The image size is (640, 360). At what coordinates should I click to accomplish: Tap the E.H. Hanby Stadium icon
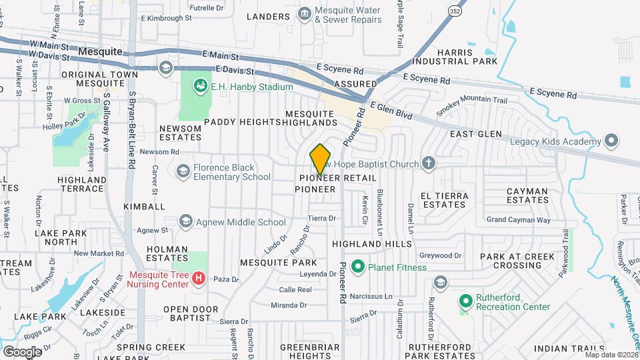[x=199, y=86]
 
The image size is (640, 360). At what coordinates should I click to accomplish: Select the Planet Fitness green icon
[x=357, y=267]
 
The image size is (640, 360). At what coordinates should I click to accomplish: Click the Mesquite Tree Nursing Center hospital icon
[x=198, y=279]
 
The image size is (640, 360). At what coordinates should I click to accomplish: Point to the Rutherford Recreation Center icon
[x=465, y=301]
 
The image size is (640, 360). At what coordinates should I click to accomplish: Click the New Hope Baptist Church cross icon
[x=429, y=163]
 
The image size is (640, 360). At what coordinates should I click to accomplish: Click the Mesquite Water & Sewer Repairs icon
[x=304, y=14]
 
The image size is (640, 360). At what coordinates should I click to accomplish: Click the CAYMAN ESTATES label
[x=527, y=195]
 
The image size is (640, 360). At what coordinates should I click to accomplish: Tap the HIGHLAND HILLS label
[x=372, y=245]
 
